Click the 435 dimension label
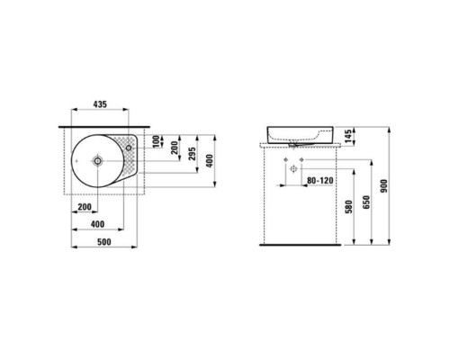tap(100, 104)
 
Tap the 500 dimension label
tap(104, 242)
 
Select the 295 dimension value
tap(193, 153)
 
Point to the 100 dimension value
tap(156, 141)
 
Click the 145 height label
tap(348, 137)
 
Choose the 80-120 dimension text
tap(320, 181)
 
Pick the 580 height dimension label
tap(348, 207)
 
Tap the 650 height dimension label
tap(366, 202)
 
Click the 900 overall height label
tap(383, 186)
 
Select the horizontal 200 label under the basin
tap(85, 207)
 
